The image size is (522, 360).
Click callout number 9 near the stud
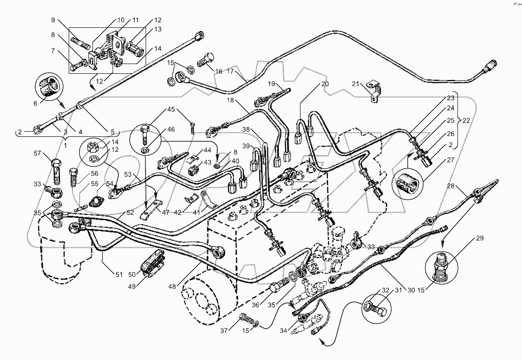(x=53, y=20)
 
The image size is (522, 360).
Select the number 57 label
(x=38, y=153)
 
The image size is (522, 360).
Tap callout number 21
(x=356, y=84)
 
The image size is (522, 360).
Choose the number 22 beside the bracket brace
(x=466, y=120)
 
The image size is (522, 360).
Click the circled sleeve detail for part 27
(x=407, y=182)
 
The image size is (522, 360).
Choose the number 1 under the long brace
(x=66, y=145)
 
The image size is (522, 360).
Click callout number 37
(x=224, y=331)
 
